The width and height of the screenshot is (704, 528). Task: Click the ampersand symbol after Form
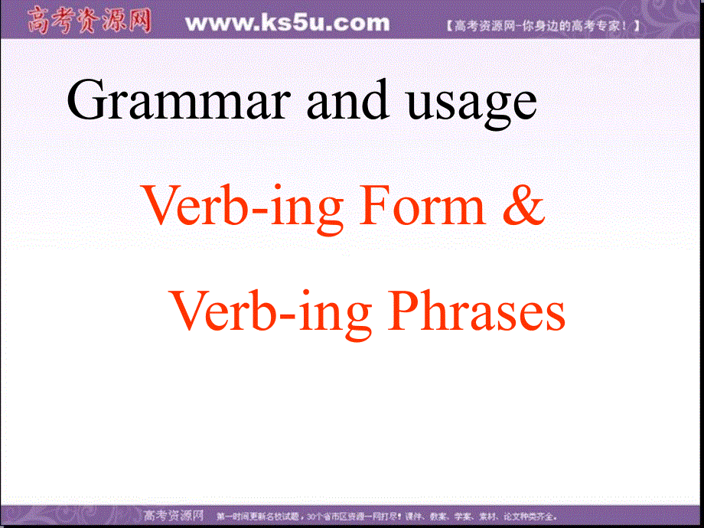(x=525, y=207)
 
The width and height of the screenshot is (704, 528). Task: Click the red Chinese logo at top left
(x=89, y=21)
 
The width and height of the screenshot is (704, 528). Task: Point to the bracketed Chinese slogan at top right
(x=542, y=26)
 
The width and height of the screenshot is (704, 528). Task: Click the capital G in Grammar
(x=86, y=102)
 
